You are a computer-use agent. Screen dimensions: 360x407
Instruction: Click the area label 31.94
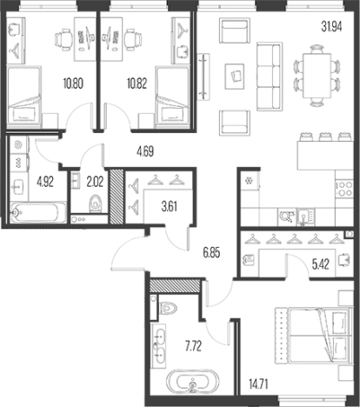pyautogui.click(x=331, y=26)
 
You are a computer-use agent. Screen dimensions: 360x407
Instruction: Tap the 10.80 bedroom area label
pyautogui.click(x=73, y=83)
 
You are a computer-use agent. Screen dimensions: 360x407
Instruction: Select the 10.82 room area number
pyautogui.click(x=137, y=83)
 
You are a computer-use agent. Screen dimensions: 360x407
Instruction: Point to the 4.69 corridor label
pyautogui.click(x=145, y=151)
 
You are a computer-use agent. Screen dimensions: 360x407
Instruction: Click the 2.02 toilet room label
pyautogui.click(x=95, y=182)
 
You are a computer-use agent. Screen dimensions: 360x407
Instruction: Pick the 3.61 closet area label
pyautogui.click(x=169, y=207)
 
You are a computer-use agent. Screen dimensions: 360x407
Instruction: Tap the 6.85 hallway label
pyautogui.click(x=211, y=252)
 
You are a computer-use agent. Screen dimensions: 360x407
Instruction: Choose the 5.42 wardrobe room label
pyautogui.click(x=320, y=264)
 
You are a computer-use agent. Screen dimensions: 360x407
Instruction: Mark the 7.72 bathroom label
pyautogui.click(x=193, y=346)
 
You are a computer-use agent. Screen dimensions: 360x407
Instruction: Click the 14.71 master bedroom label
pyautogui.click(x=258, y=384)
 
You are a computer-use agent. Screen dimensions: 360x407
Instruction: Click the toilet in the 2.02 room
pyautogui.click(x=96, y=203)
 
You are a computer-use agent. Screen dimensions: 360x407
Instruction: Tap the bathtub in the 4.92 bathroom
pyautogui.click(x=38, y=213)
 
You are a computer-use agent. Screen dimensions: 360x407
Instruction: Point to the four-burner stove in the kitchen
pyautogui.click(x=344, y=189)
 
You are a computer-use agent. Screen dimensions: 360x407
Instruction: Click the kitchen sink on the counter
pyautogui.click(x=305, y=217)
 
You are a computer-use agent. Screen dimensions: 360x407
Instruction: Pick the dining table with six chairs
pyautogui.click(x=317, y=76)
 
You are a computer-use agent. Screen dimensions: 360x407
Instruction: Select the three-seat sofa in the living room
pyautogui.click(x=270, y=77)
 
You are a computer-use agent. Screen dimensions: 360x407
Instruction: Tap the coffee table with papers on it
pyautogui.click(x=235, y=77)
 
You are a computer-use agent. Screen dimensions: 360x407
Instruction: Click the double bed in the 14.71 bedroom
pyautogui.click(x=314, y=335)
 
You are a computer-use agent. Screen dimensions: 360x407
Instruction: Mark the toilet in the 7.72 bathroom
pyautogui.click(x=168, y=307)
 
